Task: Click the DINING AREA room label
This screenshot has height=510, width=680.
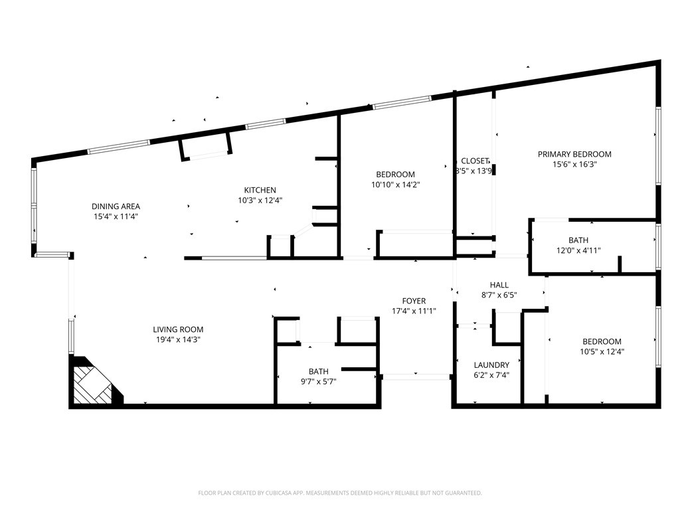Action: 116,206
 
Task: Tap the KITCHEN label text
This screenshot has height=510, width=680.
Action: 260,190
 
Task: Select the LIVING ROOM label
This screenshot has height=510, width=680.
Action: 178,329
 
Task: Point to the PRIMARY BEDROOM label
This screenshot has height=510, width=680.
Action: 574,154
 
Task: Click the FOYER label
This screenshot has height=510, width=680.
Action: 414,301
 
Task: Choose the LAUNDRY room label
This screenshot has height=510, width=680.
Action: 491,365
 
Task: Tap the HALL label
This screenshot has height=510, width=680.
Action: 499,285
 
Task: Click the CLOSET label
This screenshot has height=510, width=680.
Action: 475,161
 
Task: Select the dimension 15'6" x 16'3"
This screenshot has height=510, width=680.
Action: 574,165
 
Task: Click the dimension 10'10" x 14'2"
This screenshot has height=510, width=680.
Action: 396,185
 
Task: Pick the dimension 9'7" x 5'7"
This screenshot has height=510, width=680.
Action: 318,381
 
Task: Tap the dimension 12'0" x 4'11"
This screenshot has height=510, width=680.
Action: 578,250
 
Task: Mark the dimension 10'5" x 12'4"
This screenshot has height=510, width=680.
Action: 602,352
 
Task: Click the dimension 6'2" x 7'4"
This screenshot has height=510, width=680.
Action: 491,375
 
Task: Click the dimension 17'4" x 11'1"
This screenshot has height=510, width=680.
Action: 414,311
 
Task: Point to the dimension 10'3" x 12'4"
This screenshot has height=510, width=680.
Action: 260,200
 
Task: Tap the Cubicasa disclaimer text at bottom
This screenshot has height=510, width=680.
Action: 340,493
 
